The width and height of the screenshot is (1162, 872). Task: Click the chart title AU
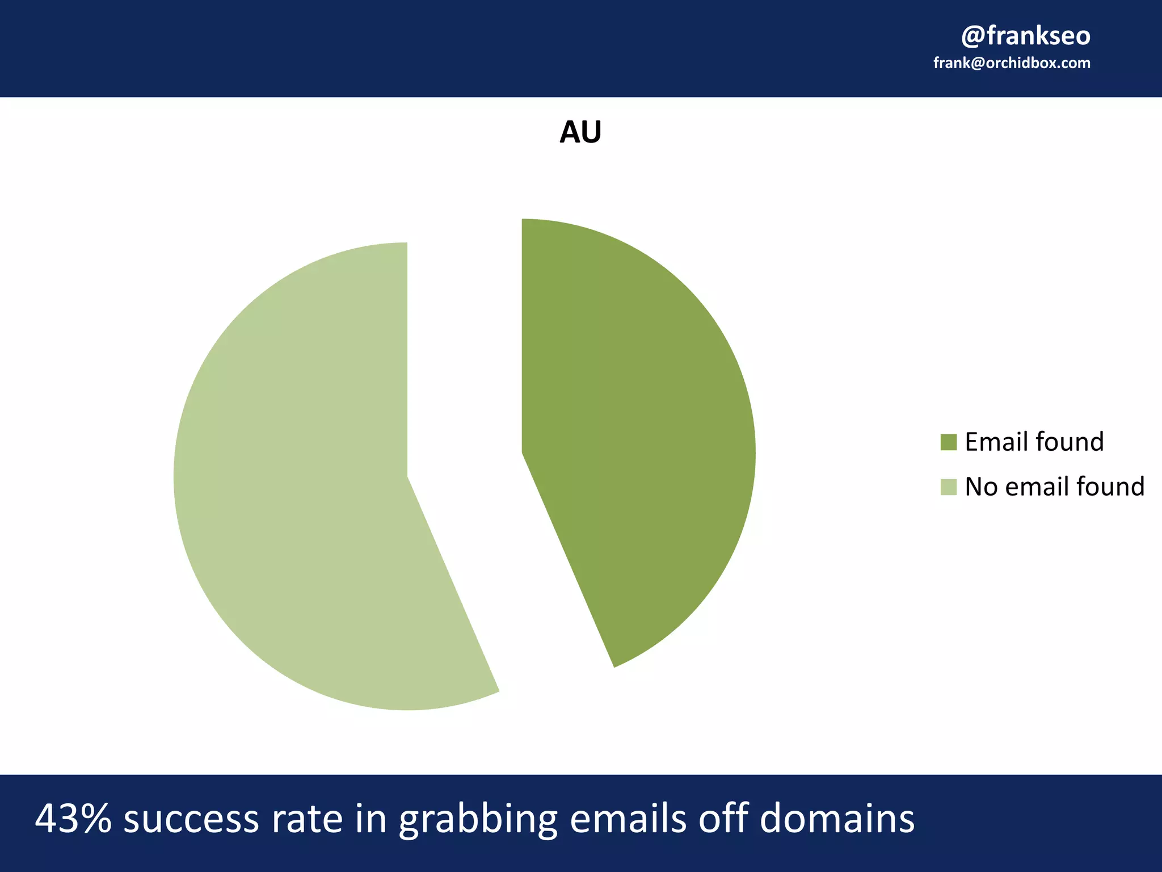coord(580,132)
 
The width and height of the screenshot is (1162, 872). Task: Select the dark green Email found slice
coord(635,431)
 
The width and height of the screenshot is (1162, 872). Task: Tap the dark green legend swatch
coord(948,442)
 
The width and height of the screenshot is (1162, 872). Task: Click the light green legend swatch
coord(948,487)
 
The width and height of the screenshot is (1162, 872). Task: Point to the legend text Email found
coord(1034,442)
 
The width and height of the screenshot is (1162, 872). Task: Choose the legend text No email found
coord(1054,487)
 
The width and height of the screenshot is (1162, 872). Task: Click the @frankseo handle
coord(1025,36)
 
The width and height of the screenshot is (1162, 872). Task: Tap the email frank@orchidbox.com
coord(1012,63)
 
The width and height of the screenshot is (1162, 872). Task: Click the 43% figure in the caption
coord(73,819)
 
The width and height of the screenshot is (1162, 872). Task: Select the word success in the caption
coord(191,819)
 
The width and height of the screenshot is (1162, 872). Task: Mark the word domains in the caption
coord(837,819)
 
